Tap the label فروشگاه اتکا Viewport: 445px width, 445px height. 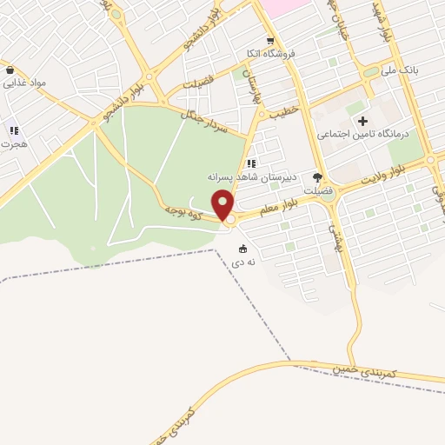coord(270,54)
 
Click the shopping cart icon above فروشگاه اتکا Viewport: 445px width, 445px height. coord(270,41)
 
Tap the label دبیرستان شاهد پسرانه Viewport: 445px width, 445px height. coord(252,176)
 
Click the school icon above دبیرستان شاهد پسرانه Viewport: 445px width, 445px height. coord(252,163)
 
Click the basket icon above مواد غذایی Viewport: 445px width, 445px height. coord(10,70)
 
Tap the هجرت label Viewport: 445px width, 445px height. coord(14,143)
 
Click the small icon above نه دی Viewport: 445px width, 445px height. coord(242,249)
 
